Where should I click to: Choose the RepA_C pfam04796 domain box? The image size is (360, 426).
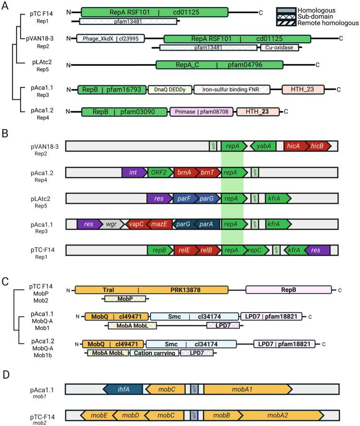tap(219, 65)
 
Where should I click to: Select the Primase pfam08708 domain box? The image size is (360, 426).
tap(202, 112)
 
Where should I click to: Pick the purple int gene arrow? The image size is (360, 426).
tap(134, 172)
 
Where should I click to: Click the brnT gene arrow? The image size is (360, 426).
tap(208, 172)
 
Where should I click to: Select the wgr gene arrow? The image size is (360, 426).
tap(112, 224)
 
